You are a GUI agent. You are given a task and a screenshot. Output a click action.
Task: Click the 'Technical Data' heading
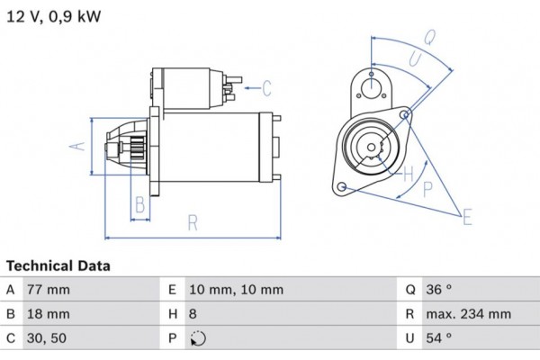[x=58, y=266]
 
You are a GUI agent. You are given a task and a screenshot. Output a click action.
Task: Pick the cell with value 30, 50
[x=46, y=338]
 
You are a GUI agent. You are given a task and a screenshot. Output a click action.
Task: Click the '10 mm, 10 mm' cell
[x=236, y=290]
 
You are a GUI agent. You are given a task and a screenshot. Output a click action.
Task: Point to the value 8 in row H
[x=193, y=314]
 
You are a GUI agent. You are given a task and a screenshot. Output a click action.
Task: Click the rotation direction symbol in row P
[x=199, y=339]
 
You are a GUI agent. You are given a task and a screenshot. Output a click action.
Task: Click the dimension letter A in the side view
[x=78, y=146]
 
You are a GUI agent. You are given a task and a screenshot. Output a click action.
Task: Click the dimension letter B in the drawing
[x=139, y=204]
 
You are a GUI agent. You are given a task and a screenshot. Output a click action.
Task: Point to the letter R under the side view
[x=192, y=223]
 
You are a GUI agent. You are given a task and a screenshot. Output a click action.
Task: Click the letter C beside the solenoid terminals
[x=266, y=87]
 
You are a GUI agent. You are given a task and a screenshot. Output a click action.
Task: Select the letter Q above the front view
[x=430, y=38]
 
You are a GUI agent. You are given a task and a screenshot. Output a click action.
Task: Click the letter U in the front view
[x=415, y=58]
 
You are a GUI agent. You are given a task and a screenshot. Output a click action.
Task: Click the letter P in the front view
[x=427, y=188]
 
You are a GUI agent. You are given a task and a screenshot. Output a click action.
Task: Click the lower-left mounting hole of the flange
[x=342, y=186]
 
